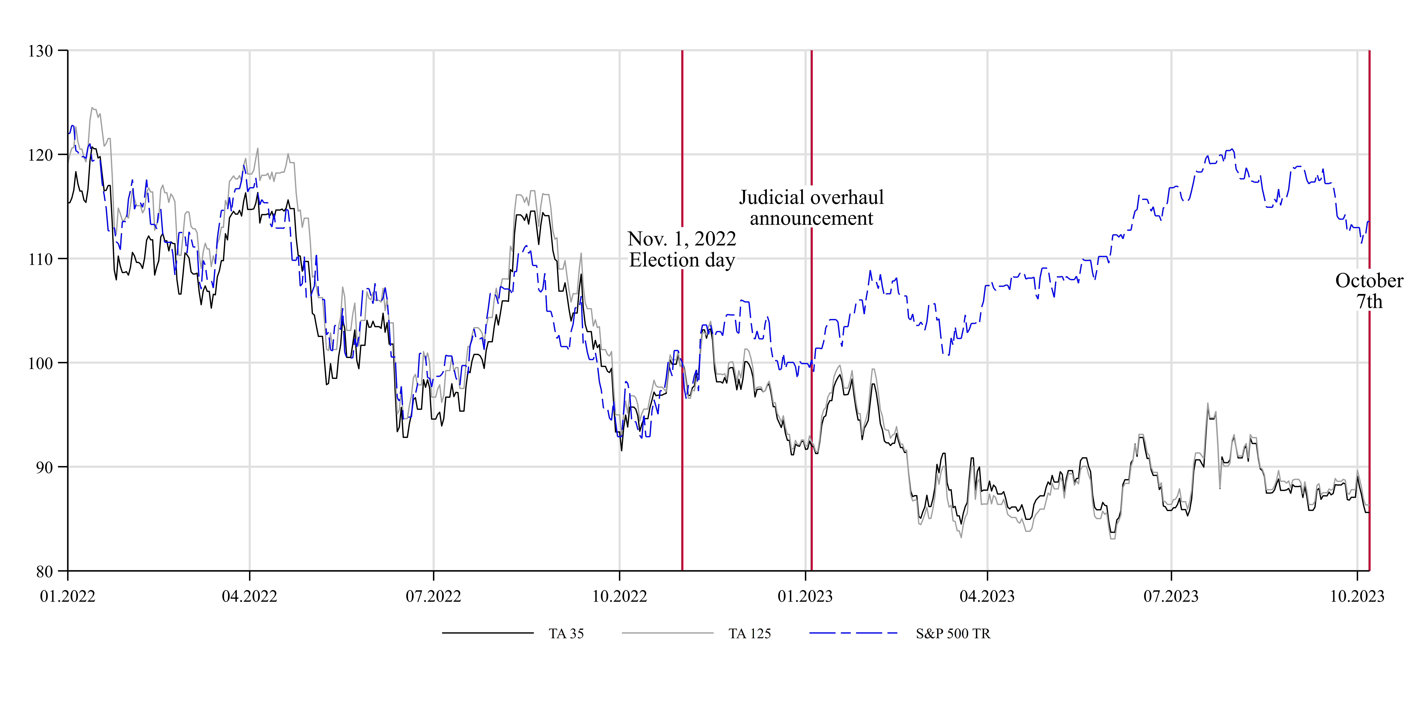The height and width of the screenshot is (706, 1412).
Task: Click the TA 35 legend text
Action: [566, 634]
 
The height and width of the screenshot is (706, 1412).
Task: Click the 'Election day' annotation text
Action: [682, 260]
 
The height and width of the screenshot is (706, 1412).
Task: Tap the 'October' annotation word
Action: [1369, 281]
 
